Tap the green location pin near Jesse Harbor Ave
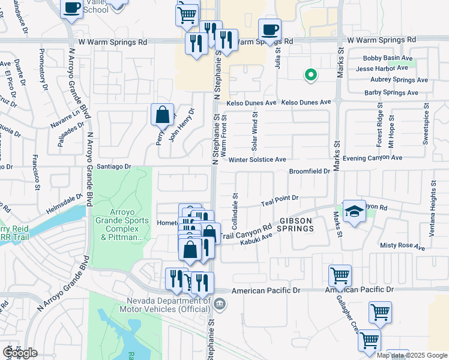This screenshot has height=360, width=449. point(311,75)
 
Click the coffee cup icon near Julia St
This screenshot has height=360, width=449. point(270,29)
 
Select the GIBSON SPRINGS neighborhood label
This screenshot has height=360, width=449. point(295,225)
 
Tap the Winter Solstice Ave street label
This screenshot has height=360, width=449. point(257,160)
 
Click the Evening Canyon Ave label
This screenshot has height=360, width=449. point(373,158)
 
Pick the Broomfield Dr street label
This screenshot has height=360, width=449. point(309,171)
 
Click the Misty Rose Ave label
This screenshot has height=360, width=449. point(402,246)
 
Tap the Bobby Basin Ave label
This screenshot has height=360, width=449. point(388,58)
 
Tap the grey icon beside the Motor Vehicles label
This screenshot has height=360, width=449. point(220,303)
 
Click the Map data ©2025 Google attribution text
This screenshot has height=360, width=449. point(412,355)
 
